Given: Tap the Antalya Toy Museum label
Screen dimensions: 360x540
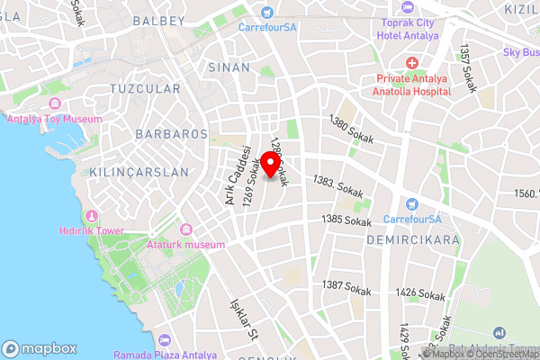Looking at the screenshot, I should point(54,118).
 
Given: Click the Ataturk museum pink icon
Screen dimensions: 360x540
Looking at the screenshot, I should point(186,229).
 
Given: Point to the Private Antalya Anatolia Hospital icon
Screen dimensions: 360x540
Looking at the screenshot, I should point(411,63).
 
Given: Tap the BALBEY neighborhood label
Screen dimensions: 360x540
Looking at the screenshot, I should point(157,20).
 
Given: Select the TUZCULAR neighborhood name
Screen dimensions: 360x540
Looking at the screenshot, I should point(144,88).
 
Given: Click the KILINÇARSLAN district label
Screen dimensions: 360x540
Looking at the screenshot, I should point(139,171).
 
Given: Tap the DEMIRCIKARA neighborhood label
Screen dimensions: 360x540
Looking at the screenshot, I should point(413,240).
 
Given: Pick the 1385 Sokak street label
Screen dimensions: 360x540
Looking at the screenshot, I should point(346,220).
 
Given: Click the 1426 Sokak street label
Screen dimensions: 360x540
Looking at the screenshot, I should point(420,293).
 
